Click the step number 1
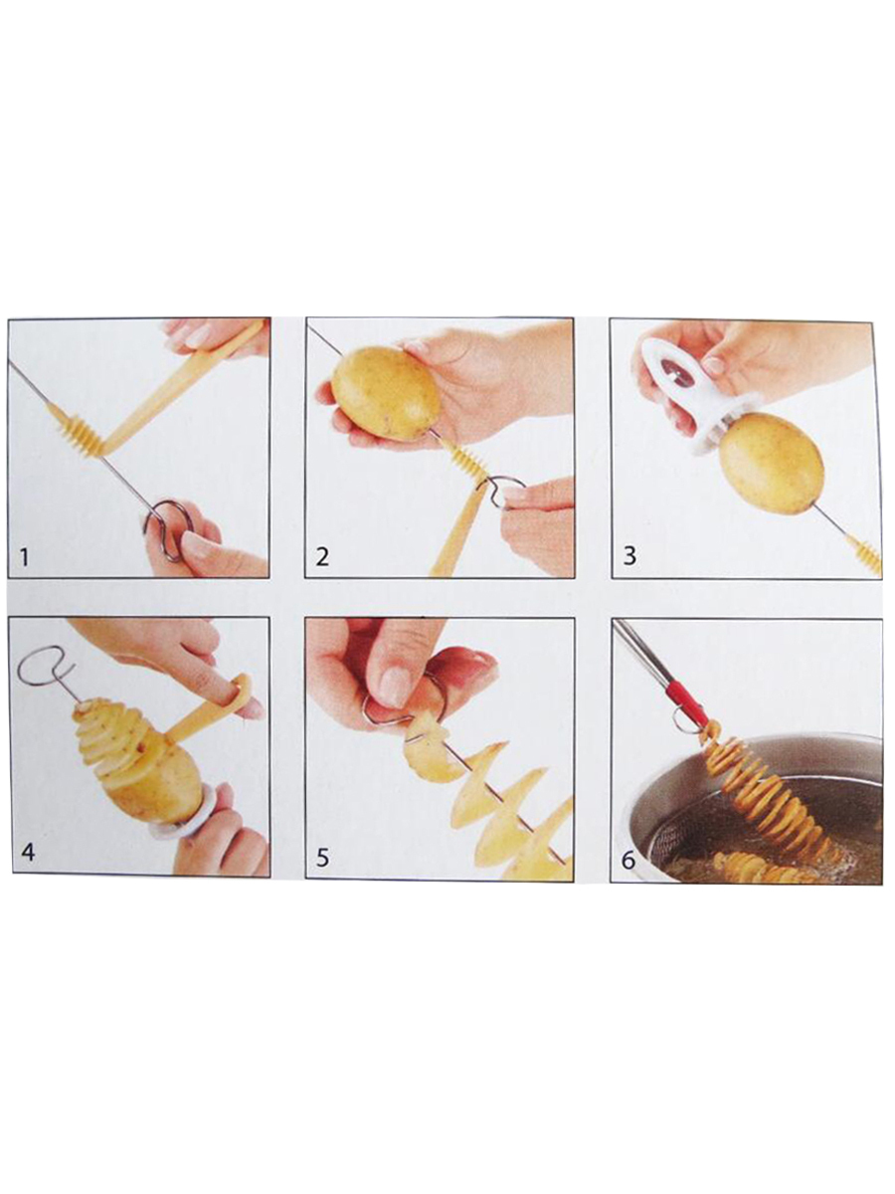pyautogui.click(x=23, y=557)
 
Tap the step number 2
pyautogui.click(x=322, y=557)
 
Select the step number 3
pyautogui.click(x=628, y=556)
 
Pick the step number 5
pyautogui.click(x=322, y=858)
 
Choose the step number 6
pyautogui.click(x=628, y=860)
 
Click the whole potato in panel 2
pyautogui.click(x=386, y=393)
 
